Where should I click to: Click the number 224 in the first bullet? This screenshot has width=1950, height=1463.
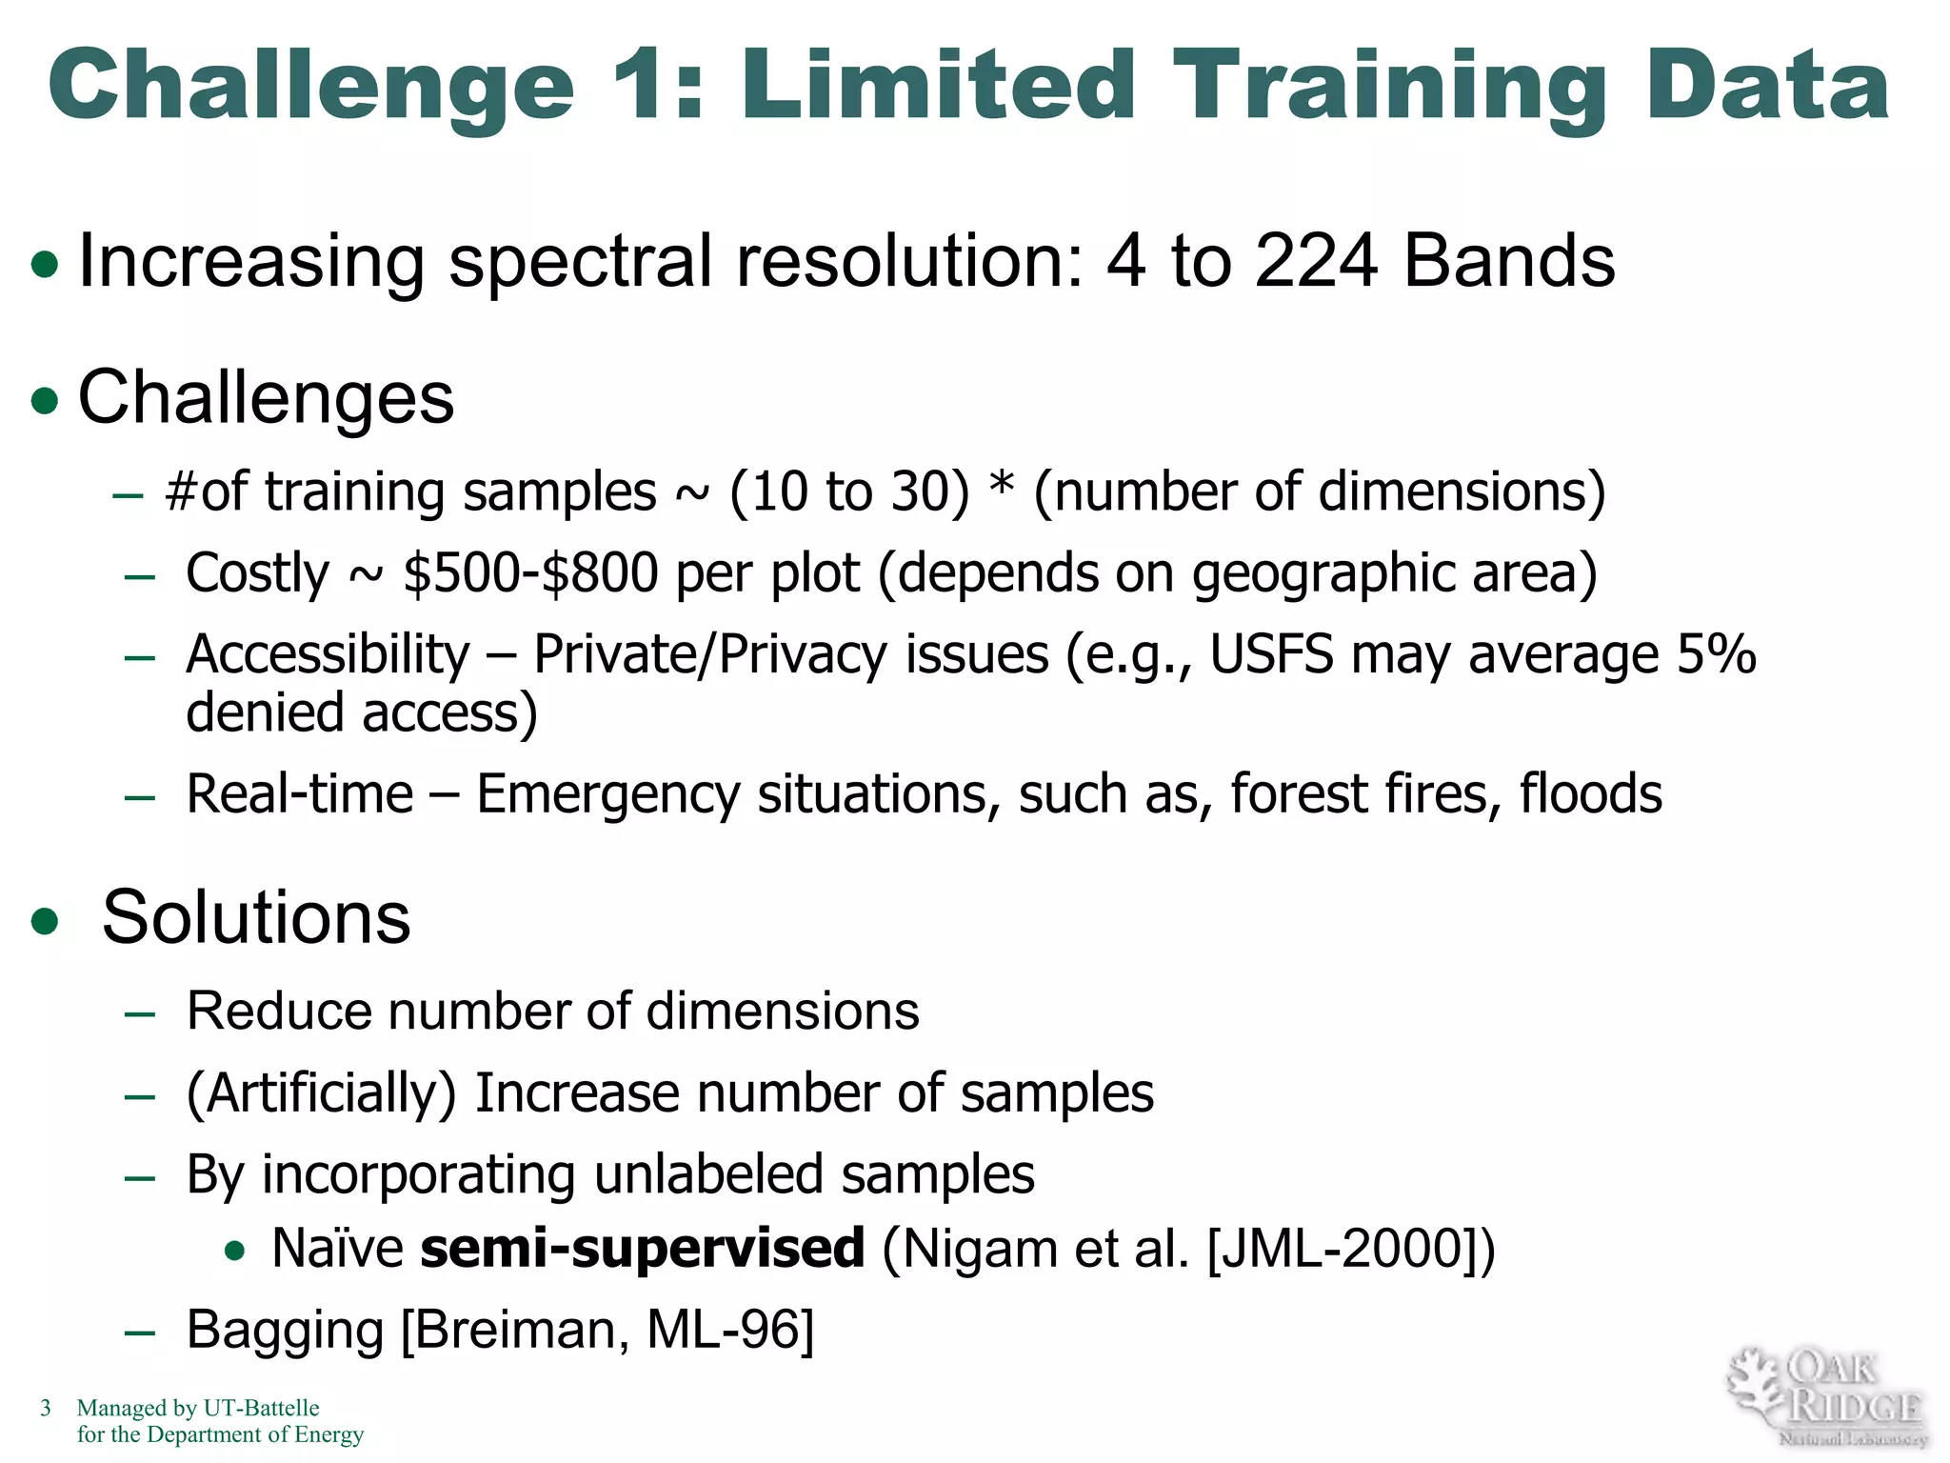pyautogui.click(x=1315, y=261)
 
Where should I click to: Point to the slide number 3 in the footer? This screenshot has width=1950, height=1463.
pyautogui.click(x=45, y=1408)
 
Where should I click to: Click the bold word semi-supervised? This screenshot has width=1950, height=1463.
pyautogui.click(x=643, y=1248)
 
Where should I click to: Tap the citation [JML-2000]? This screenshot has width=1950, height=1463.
pyautogui.click(x=1341, y=1248)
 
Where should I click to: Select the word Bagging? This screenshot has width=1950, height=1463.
pyautogui.click(x=285, y=1330)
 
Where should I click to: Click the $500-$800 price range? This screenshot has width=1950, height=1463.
pyautogui.click(x=530, y=573)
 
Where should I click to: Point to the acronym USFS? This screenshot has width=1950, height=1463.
pyautogui.click(x=1271, y=655)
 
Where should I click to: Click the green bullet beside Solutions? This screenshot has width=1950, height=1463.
pyautogui.click(x=45, y=921)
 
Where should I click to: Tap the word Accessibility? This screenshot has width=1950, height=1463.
pyautogui.click(x=328, y=655)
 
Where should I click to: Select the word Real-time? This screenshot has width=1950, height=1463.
pyautogui.click(x=300, y=793)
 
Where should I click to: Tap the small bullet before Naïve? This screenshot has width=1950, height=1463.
pyautogui.click(x=235, y=1251)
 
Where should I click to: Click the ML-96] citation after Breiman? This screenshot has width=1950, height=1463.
pyautogui.click(x=730, y=1330)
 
